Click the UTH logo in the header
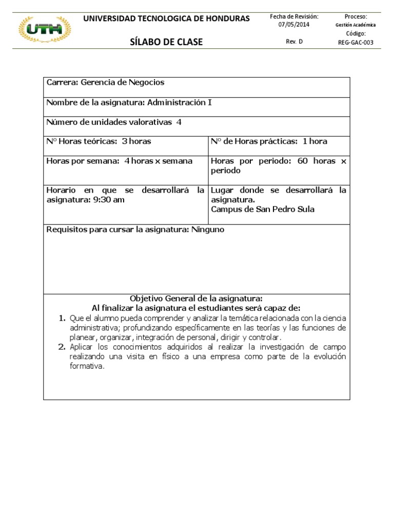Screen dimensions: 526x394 tap(45, 30)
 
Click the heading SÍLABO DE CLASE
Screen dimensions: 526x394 tap(166, 42)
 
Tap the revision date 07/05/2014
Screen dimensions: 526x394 tap(294, 25)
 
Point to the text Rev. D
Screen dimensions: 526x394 tap(294, 42)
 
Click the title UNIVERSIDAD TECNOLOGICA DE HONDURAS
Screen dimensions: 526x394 tap(166, 18)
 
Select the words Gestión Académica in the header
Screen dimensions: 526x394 tap(356, 25)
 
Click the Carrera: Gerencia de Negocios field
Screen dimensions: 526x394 tap(106, 83)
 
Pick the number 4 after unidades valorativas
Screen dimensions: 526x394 tap(179, 122)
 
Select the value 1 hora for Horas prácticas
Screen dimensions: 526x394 tap(314, 141)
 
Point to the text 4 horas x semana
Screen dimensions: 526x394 tap(159, 161)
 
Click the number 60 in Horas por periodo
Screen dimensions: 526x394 tap(302, 161)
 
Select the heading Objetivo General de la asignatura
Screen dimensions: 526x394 tap(196, 298)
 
